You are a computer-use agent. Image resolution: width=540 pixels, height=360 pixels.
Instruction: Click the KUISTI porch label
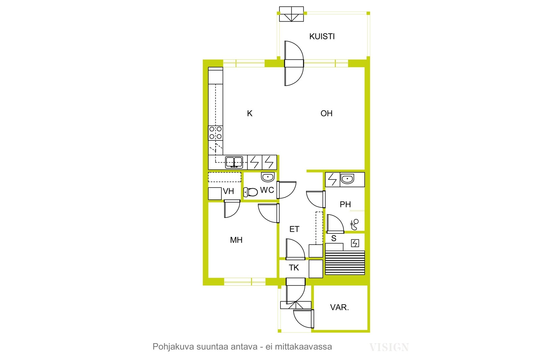[322, 36]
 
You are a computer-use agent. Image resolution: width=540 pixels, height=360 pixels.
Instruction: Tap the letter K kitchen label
[249, 113]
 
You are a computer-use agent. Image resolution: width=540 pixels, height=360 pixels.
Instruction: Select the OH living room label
[326, 113]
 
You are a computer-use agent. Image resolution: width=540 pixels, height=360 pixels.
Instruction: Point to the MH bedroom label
[236, 240]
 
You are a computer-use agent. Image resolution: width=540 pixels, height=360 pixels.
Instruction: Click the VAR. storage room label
[340, 307]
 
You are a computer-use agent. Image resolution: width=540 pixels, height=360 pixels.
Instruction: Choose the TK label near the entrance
[294, 268]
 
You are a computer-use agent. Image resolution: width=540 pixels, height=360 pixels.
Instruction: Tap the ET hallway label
[294, 229]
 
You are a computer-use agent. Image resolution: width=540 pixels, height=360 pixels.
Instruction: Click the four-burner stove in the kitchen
[216, 133]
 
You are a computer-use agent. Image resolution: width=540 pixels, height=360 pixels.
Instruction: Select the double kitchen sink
[234, 162]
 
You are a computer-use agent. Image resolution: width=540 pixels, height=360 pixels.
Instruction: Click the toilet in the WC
[250, 192]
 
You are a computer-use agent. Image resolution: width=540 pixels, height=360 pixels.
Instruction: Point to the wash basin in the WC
[268, 177]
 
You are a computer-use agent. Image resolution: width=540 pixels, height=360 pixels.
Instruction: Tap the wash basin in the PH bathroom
[347, 179]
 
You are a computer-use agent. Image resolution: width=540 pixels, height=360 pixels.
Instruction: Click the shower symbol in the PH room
[354, 225]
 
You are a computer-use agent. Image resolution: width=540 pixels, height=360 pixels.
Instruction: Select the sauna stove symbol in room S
[355, 243]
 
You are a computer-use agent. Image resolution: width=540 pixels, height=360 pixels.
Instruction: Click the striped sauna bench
[345, 262]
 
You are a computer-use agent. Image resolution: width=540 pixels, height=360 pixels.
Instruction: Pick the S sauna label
[334, 238]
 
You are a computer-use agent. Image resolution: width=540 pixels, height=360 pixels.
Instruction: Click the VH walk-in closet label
[228, 191]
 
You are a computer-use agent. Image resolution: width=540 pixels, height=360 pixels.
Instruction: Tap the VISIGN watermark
[389, 347]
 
